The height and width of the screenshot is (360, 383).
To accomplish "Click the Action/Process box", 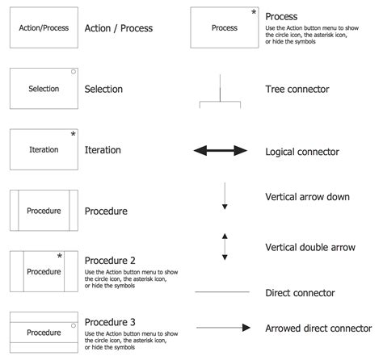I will (x=44, y=28).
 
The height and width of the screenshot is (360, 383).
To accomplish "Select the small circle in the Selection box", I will (x=73, y=73).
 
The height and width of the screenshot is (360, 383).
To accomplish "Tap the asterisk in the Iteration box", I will (x=73, y=134).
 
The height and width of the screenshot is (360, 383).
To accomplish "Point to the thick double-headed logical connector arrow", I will (x=221, y=151).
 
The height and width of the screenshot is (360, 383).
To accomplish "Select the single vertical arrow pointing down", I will (x=225, y=197).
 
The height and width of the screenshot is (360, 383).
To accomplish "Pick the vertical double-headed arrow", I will (x=225, y=246).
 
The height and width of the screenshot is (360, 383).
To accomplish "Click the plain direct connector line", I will (x=221, y=292).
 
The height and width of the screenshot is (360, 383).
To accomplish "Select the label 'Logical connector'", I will (x=301, y=152).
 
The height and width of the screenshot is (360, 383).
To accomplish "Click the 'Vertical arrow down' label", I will (x=307, y=197).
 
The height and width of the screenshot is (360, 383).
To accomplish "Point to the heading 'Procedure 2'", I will (x=110, y=261).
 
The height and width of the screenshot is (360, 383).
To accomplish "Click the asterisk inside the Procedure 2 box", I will (x=59, y=257).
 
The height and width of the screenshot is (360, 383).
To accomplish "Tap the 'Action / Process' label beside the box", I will (x=118, y=28).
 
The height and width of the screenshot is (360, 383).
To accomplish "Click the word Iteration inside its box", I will (x=44, y=150).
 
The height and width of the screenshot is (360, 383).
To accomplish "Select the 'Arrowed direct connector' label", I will (x=318, y=329).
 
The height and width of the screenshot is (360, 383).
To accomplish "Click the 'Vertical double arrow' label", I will (x=311, y=246).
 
